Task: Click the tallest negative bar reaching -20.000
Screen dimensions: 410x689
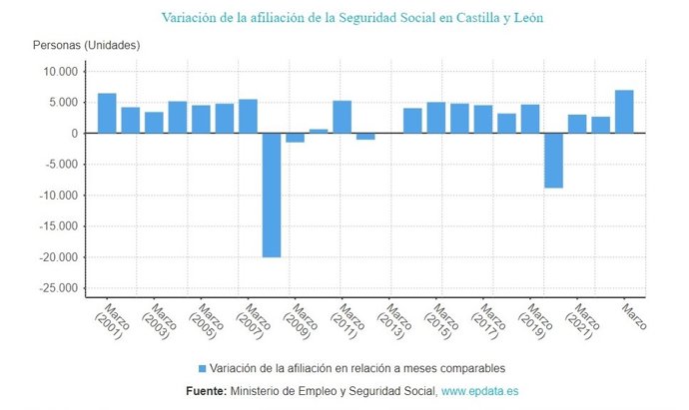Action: point(272,195)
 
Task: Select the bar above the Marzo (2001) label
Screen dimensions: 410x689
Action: point(107,113)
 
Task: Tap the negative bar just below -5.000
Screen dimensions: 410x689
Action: point(553,160)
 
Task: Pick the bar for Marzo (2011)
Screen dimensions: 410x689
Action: point(342,117)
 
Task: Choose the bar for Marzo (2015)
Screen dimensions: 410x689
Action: point(436,118)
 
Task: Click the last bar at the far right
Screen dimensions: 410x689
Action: point(624,112)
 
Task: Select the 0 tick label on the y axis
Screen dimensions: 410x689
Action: point(73,134)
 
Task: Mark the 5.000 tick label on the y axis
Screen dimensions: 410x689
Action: point(62,103)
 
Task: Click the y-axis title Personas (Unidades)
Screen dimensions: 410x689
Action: point(86,46)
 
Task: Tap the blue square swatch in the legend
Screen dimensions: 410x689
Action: point(204,367)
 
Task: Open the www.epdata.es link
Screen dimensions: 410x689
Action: point(479,391)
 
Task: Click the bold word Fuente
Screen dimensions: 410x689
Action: point(206,391)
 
